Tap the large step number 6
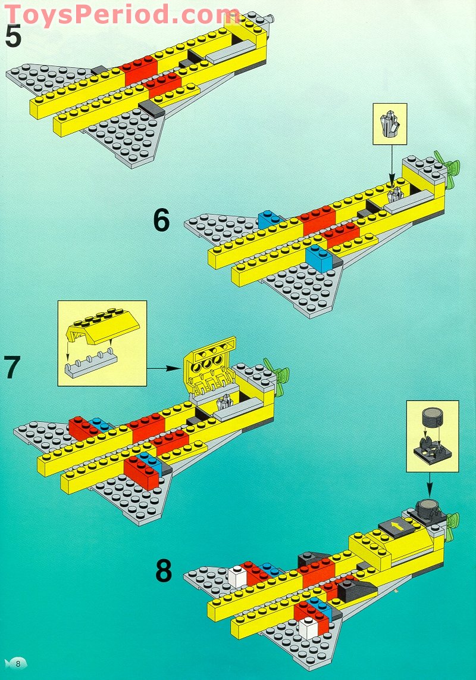(x=161, y=221)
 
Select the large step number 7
(x=13, y=367)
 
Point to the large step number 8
(x=164, y=571)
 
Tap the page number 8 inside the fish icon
(x=18, y=663)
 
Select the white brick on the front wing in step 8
(x=309, y=628)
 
